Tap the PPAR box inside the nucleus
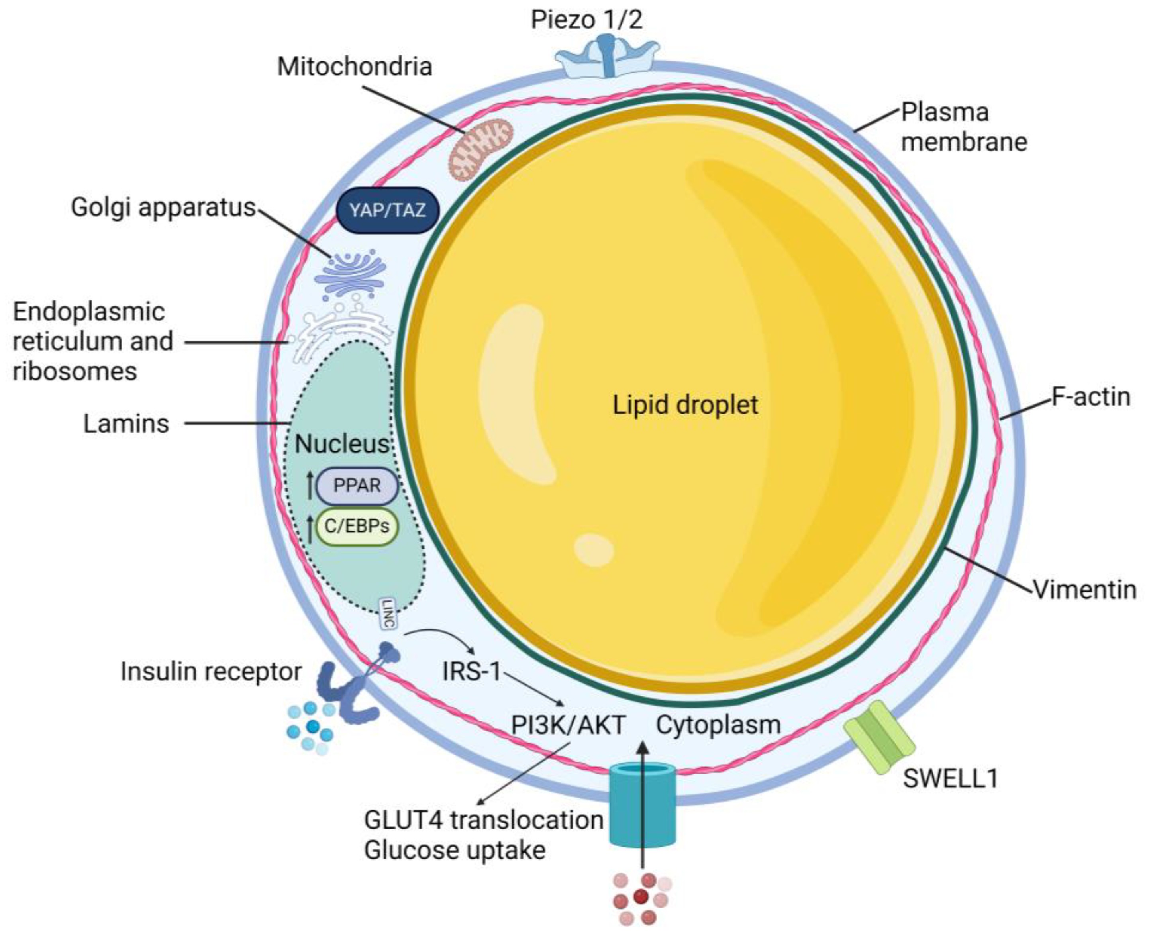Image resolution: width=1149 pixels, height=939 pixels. [357, 485]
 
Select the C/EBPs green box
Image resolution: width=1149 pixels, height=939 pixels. [357, 526]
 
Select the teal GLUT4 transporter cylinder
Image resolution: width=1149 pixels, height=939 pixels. [642, 804]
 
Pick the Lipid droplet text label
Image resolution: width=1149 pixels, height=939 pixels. [685, 405]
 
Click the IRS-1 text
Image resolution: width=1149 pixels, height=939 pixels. [472, 671]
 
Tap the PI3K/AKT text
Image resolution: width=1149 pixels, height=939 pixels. [568, 725]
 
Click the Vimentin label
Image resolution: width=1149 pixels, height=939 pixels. [1084, 589]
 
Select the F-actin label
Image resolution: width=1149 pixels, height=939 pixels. [1090, 396]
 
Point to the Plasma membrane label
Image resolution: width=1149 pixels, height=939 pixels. [963, 127]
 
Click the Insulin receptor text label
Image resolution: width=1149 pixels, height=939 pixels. [211, 671]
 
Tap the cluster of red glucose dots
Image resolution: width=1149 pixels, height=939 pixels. [641, 898]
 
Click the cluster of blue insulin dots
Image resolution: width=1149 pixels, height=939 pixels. [310, 727]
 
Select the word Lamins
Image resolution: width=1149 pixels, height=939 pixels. [126, 423]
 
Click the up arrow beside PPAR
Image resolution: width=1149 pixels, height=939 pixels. [310, 485]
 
